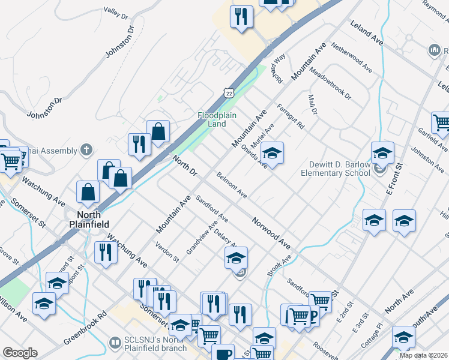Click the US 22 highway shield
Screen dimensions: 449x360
pos(227,91)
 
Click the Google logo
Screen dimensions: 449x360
pos(20,353)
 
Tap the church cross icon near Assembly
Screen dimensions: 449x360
pos(86,150)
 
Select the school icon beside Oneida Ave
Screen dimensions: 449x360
pos(272,154)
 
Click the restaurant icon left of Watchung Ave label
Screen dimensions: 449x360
pos(103,251)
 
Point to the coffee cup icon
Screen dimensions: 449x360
pos(224,353)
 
